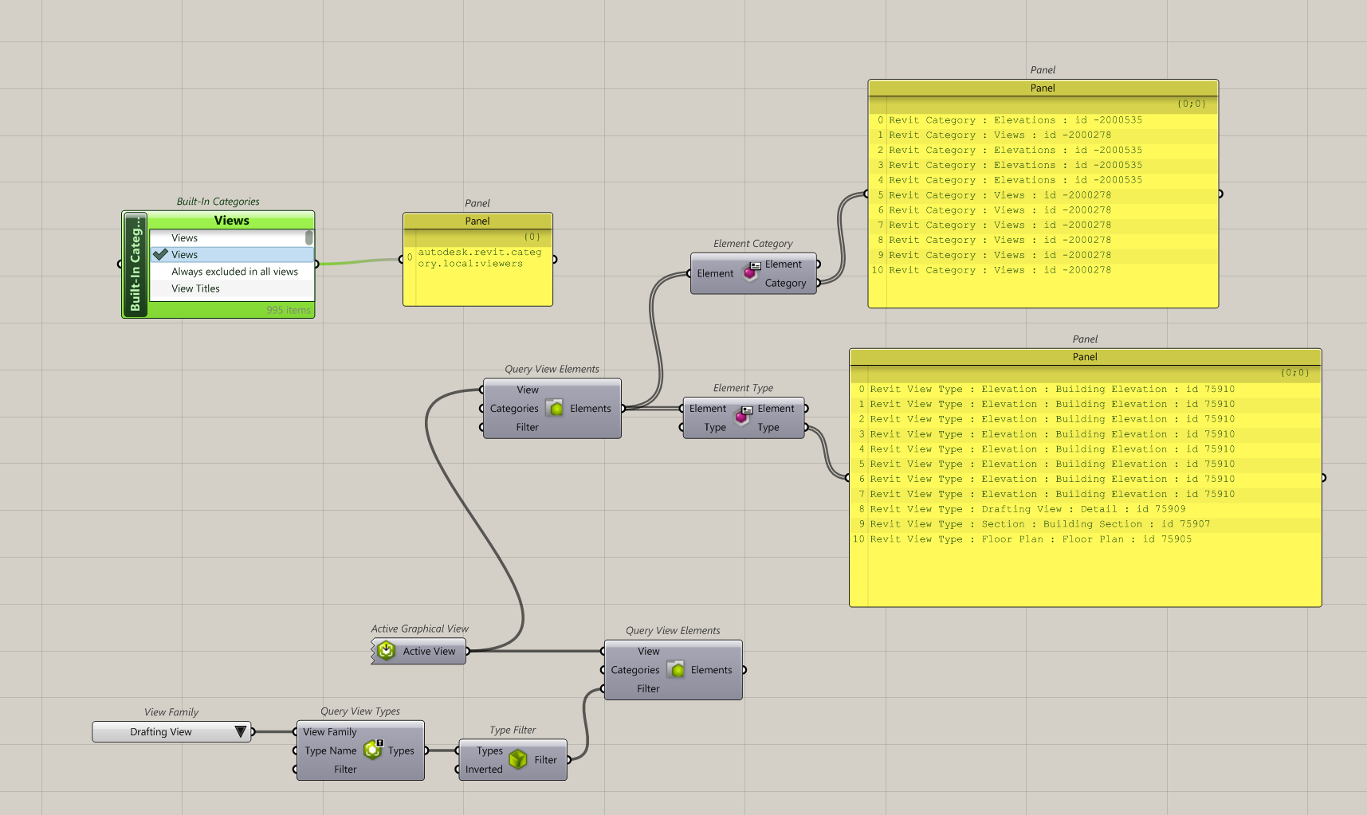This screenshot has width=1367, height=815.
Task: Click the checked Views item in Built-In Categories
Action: point(185,255)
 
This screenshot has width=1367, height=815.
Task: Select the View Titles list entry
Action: point(195,288)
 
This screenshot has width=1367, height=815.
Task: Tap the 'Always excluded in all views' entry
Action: point(234,272)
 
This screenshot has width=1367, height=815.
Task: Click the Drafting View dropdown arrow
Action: point(240,731)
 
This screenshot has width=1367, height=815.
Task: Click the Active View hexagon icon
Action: point(386,651)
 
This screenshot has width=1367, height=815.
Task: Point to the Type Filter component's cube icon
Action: point(518,759)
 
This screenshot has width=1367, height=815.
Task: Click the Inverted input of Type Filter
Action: point(484,770)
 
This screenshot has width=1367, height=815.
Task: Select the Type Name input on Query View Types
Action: point(330,750)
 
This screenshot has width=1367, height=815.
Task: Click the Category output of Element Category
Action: point(785,283)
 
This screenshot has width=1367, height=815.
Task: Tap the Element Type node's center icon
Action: point(742,417)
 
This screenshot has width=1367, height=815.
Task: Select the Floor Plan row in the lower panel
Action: point(1022,539)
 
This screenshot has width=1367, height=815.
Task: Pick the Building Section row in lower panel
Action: point(1039,524)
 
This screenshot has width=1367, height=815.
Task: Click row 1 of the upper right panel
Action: point(1000,135)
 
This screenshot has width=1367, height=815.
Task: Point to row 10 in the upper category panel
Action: point(1000,270)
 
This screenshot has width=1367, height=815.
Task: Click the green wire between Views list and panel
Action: point(359,261)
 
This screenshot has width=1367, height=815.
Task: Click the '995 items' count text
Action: point(288,310)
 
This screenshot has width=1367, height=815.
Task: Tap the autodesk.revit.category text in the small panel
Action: point(479,257)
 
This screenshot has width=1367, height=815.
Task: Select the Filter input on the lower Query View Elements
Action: point(647,689)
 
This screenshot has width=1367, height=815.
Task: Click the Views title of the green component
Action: point(231,221)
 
